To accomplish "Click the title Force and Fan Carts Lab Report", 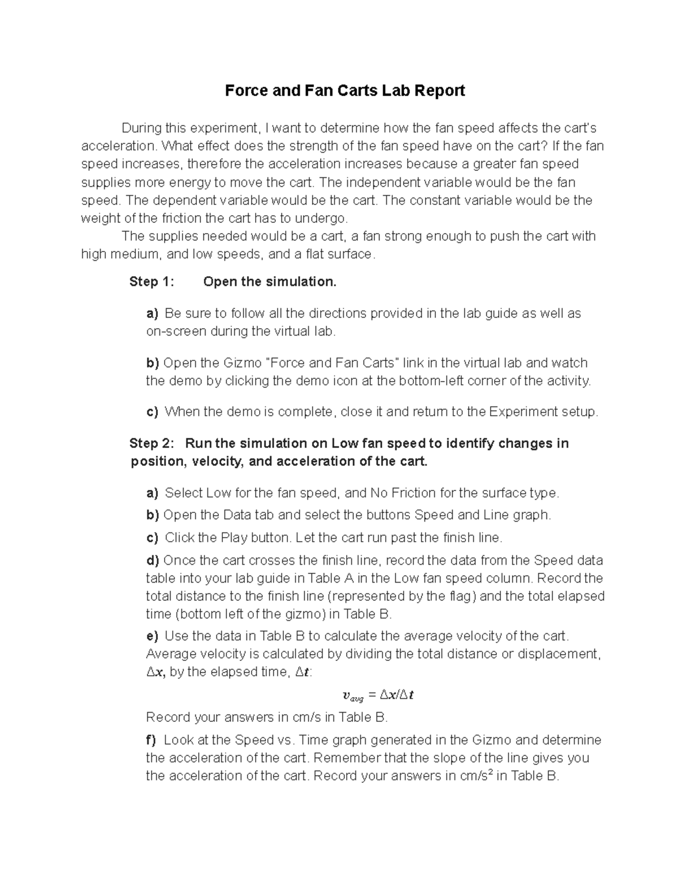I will [344, 90].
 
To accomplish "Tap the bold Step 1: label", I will [151, 281].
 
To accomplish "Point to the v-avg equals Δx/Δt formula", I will [378, 695].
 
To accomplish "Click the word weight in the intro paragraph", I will [100, 218].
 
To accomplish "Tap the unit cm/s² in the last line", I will [476, 775].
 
